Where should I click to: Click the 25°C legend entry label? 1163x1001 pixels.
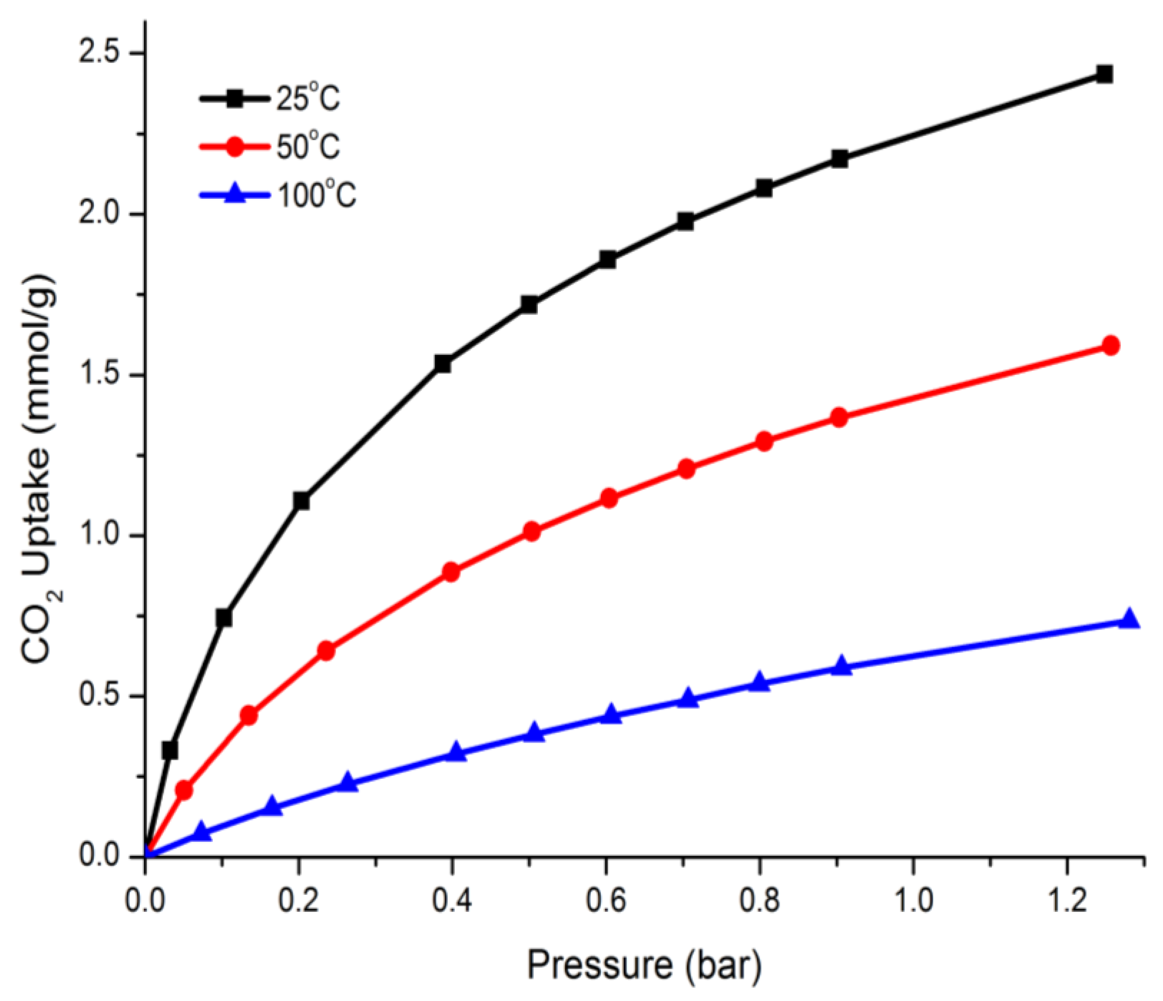point(308,99)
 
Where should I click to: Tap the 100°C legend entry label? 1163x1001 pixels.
point(316,196)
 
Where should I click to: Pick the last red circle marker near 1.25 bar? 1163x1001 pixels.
point(1110,345)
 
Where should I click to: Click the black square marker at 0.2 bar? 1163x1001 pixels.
point(301,501)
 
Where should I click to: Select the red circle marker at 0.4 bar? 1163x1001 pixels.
point(451,573)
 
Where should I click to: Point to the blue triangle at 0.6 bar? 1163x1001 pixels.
point(611,715)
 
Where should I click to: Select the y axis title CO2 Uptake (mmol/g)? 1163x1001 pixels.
point(41,469)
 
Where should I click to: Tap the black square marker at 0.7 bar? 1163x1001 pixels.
point(685,222)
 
